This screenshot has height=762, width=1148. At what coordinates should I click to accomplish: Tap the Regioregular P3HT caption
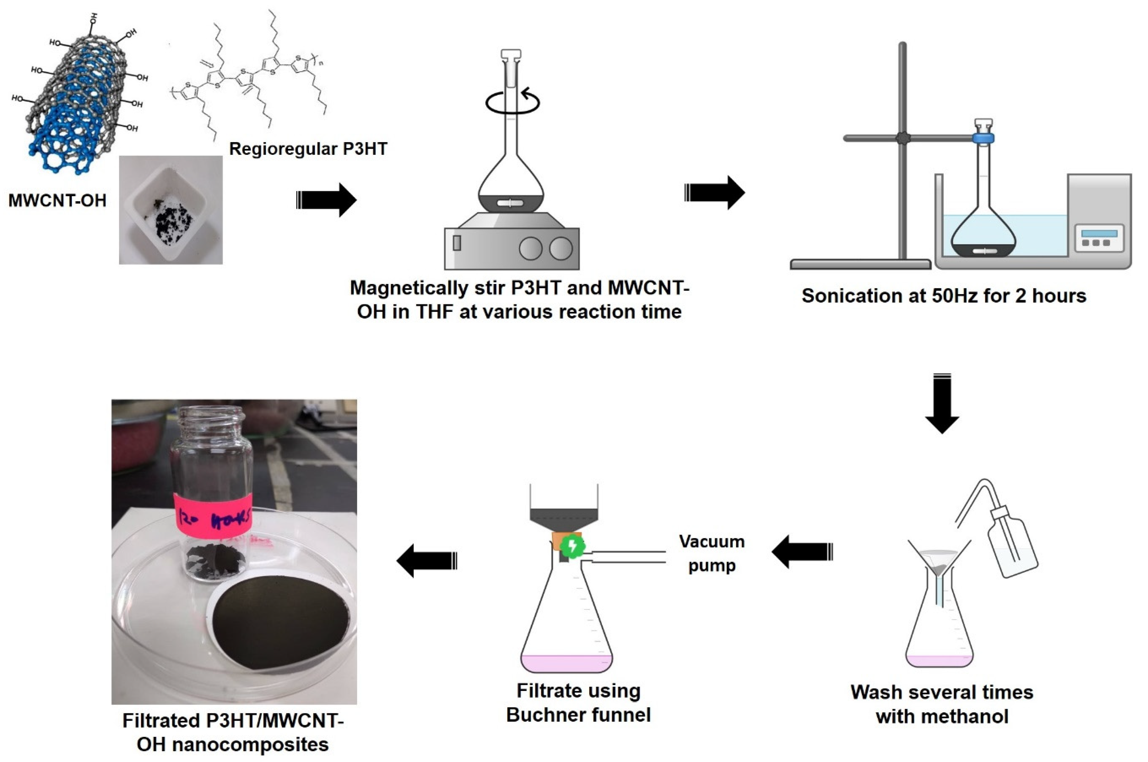(x=308, y=149)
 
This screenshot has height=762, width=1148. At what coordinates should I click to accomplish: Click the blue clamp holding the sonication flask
(x=983, y=138)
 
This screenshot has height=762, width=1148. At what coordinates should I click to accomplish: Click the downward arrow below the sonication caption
(x=942, y=403)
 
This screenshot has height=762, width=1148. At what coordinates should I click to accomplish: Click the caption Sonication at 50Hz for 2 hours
(x=944, y=296)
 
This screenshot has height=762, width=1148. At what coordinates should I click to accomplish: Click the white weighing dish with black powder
(x=171, y=210)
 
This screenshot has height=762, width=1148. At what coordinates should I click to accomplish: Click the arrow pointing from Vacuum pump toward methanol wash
(x=802, y=552)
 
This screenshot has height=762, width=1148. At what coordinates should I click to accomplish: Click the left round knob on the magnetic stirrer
(x=531, y=248)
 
